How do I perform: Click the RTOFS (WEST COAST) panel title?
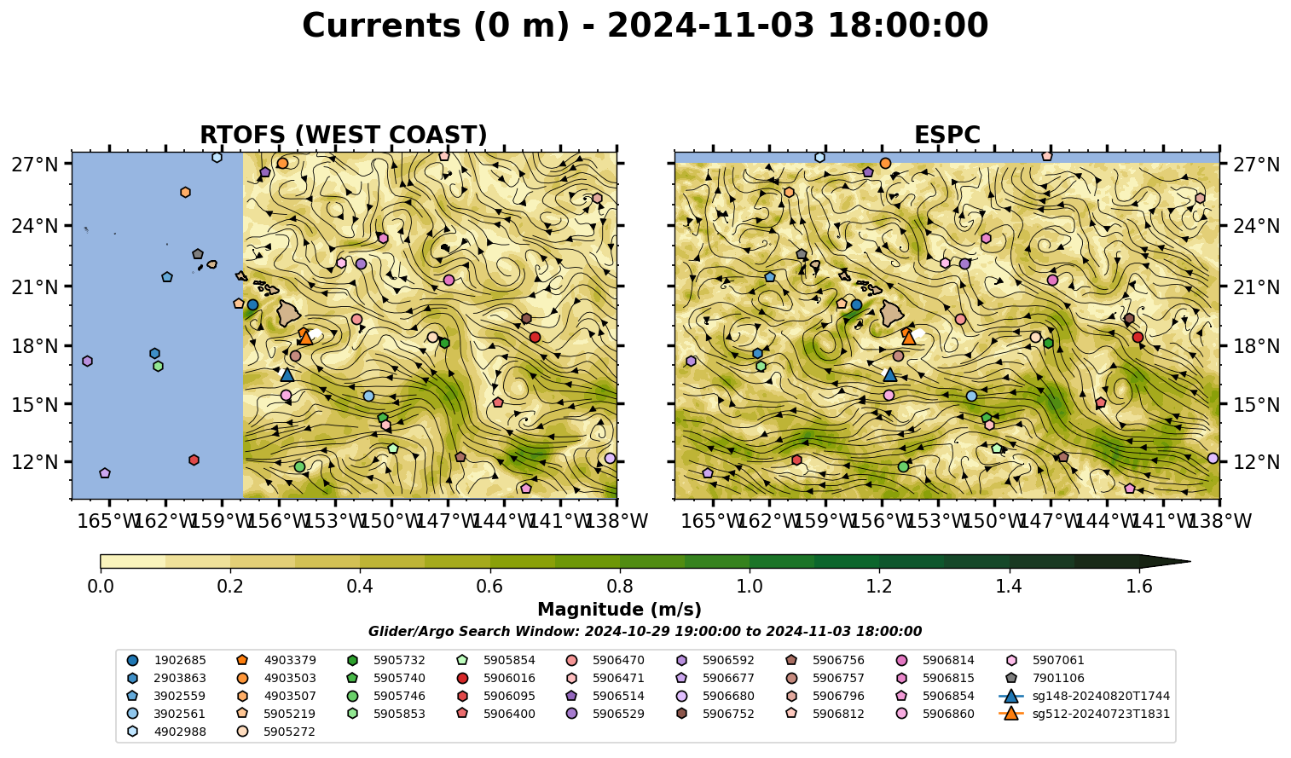(344, 135)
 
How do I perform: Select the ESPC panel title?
(947, 135)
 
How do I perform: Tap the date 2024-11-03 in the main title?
(710, 26)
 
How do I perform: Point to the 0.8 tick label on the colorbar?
(620, 587)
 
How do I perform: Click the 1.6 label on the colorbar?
(1139, 587)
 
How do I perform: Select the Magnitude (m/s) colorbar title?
(620, 610)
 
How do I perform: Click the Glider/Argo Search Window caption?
(645, 631)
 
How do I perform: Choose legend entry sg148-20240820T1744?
(1085, 696)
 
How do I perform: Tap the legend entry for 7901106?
(1044, 678)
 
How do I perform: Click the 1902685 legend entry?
(166, 660)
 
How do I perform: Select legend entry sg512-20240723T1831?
(1085, 714)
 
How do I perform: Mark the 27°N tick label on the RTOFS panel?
(36, 165)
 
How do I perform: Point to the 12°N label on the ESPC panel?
(1254, 462)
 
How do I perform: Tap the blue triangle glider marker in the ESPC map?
(890, 374)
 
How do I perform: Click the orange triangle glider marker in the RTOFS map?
(306, 338)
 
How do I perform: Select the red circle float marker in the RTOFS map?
(535, 337)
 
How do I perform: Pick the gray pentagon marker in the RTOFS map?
(198, 254)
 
